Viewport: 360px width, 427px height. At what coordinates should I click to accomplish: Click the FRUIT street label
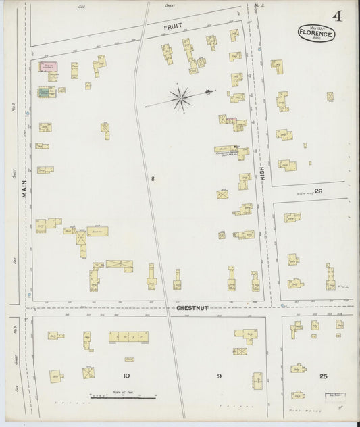[x=174, y=27]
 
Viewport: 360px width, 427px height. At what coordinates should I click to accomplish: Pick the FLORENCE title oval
[x=315, y=32]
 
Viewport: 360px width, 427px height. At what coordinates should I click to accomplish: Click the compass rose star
[x=181, y=99]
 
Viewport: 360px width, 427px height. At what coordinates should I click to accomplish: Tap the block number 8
[x=153, y=178]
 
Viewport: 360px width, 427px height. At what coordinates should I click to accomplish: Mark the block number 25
[x=323, y=376]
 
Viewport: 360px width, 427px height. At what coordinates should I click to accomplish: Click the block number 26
[x=318, y=191]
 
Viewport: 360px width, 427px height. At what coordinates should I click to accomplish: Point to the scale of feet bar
[x=124, y=397]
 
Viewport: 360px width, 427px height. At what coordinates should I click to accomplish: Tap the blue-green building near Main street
[x=45, y=93]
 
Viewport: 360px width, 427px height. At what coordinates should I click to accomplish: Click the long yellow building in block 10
[x=128, y=336]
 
